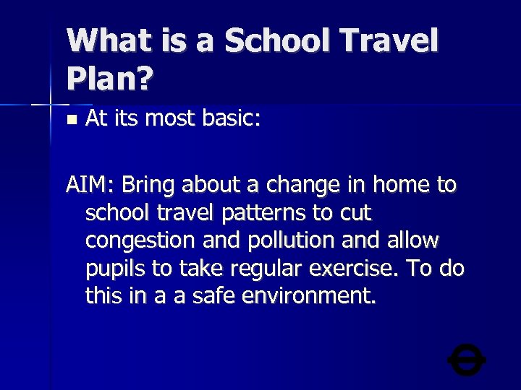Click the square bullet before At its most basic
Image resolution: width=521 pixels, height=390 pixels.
tap(70, 118)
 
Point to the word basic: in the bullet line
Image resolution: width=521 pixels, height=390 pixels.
tap(225, 118)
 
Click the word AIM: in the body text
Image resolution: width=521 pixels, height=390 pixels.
tap(90, 186)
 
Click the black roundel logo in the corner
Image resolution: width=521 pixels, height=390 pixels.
tap(466, 360)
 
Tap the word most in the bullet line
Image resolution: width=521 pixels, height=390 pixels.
tap(174, 118)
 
